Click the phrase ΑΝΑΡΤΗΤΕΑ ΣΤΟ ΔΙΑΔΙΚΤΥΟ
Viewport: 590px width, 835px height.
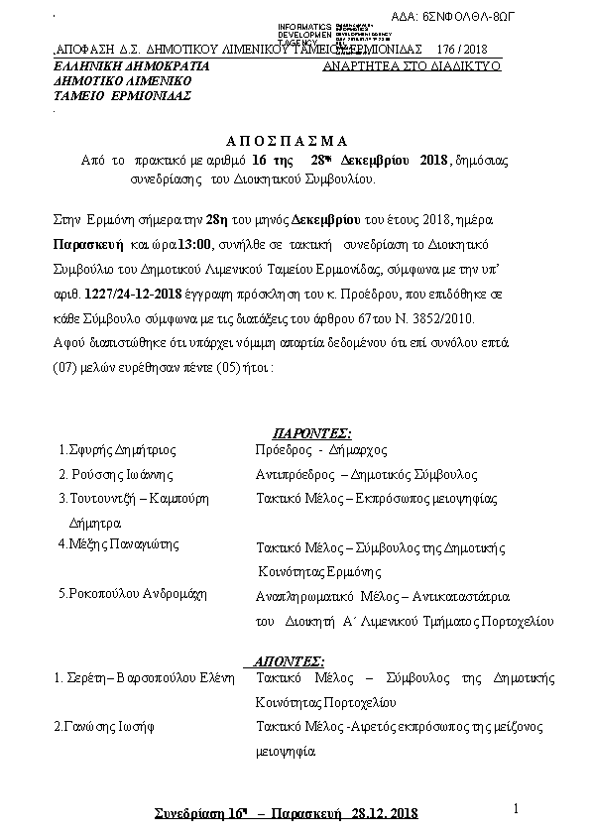pos(412,64)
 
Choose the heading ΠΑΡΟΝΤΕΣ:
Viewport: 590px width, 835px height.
pos(312,432)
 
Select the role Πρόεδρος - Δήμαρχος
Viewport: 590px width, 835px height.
pos(311,448)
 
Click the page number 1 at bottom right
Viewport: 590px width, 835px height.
pos(518,809)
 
